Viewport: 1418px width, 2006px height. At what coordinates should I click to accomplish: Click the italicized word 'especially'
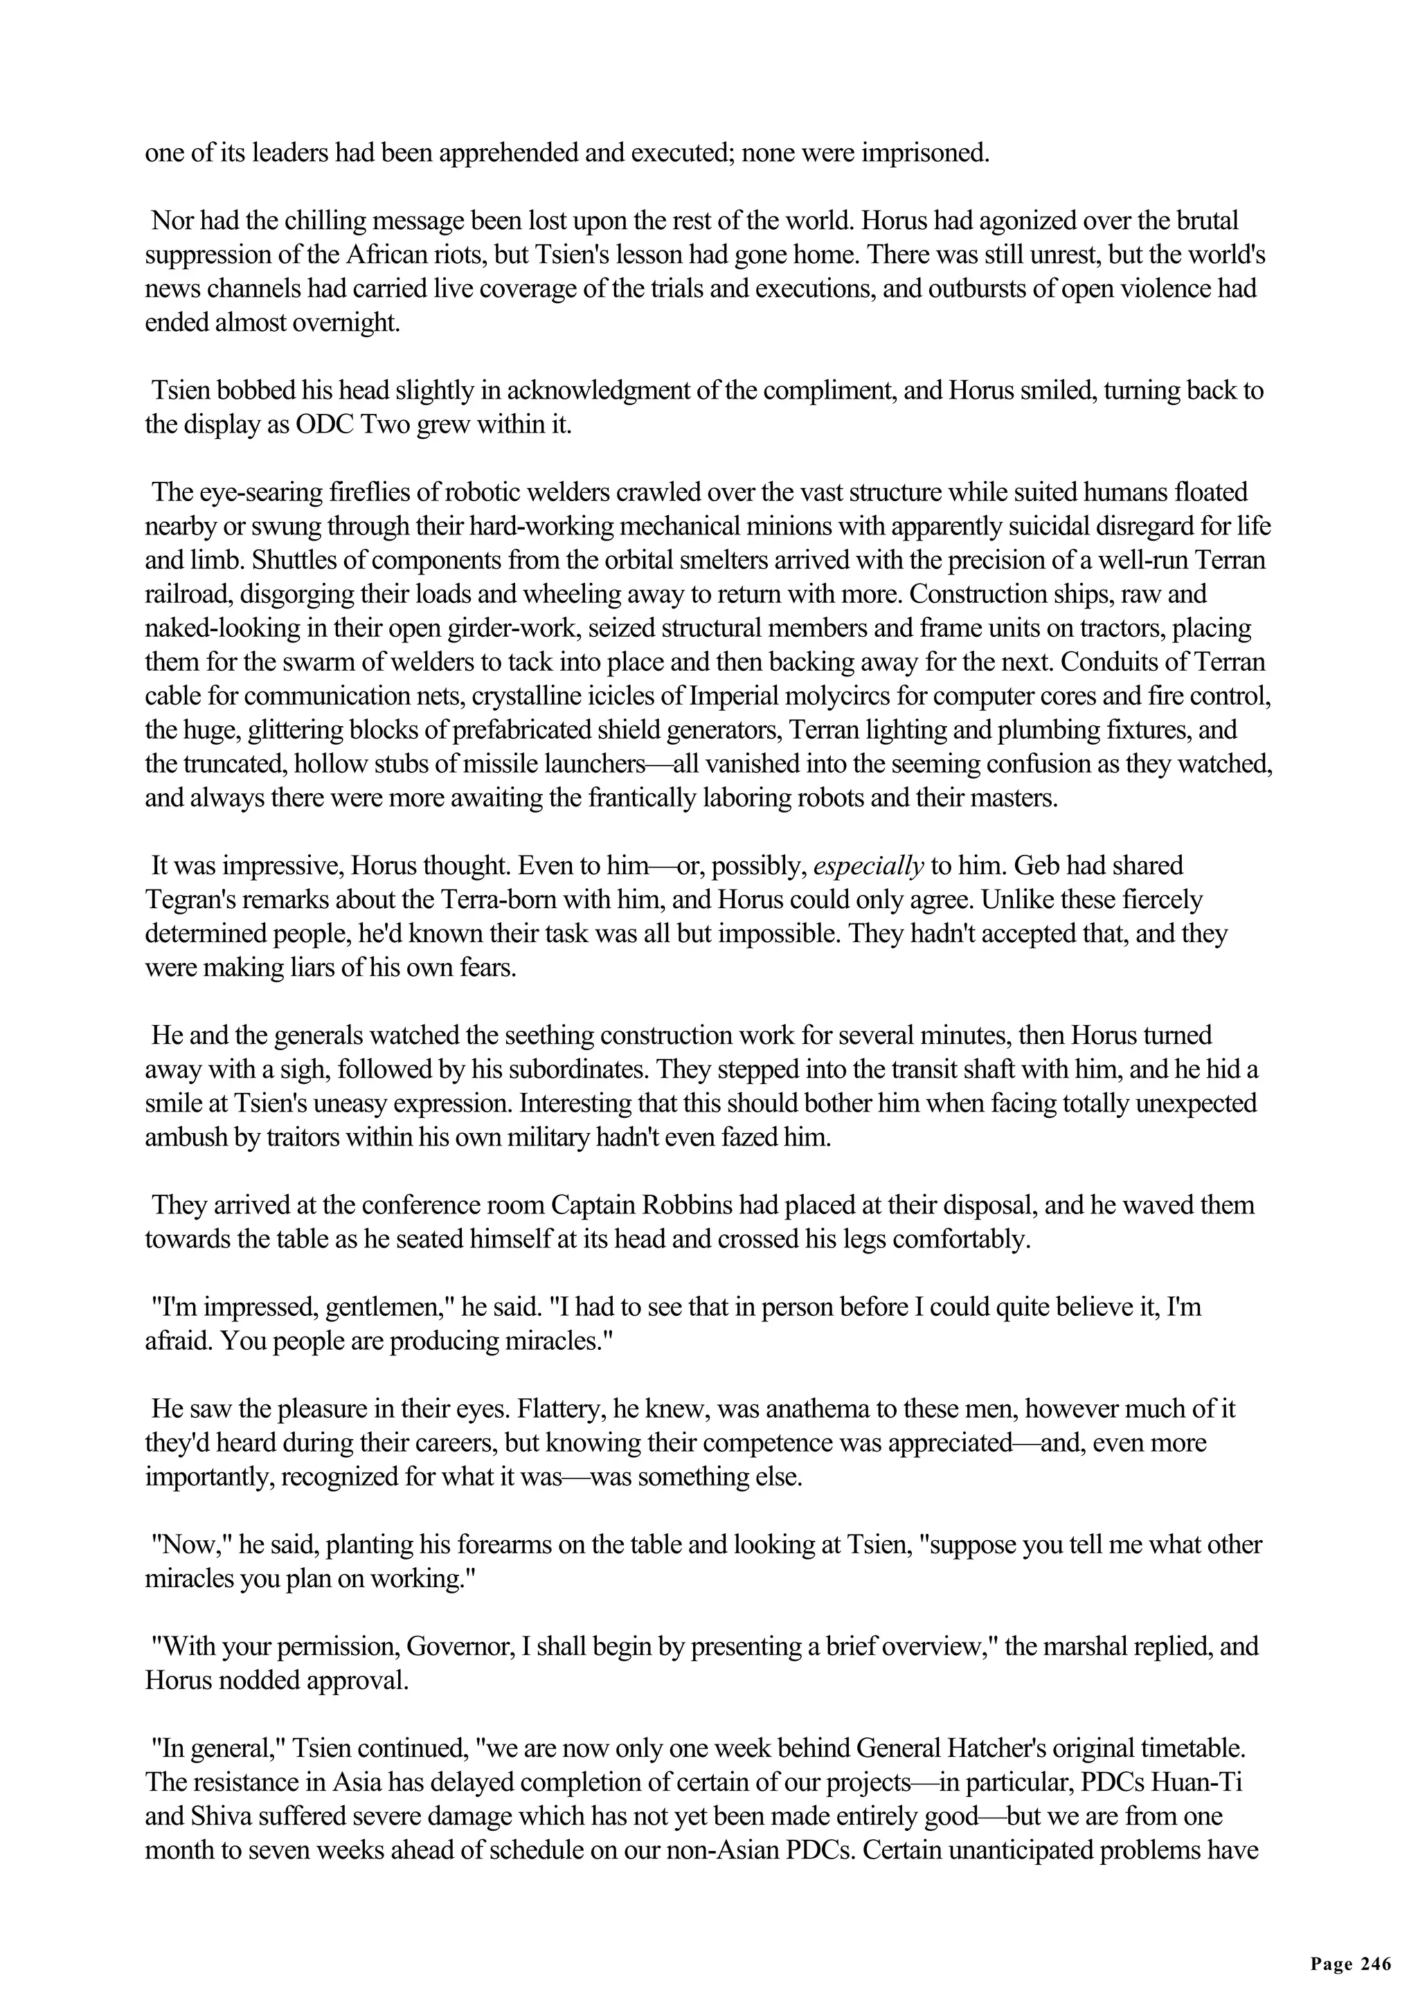868,866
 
